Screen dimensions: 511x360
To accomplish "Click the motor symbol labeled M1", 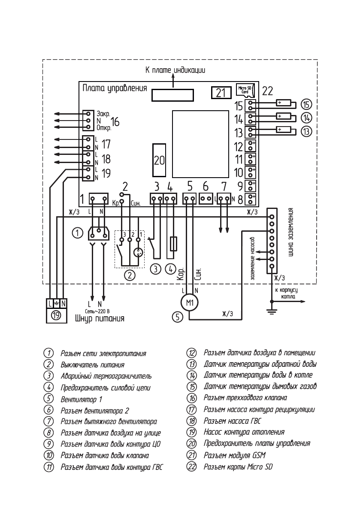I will (x=189, y=303).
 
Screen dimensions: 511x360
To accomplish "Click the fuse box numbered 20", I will (x=159, y=160).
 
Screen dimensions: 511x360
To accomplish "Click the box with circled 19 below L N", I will (x=56, y=316).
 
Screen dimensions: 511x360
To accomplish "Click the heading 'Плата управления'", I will (x=114, y=88).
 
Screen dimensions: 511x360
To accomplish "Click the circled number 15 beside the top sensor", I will (x=306, y=104).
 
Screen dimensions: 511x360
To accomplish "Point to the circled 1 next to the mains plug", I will (x=77, y=233).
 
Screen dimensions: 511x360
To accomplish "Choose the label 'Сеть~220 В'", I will (x=98, y=310).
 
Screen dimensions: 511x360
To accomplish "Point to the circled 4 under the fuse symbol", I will (x=171, y=269).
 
